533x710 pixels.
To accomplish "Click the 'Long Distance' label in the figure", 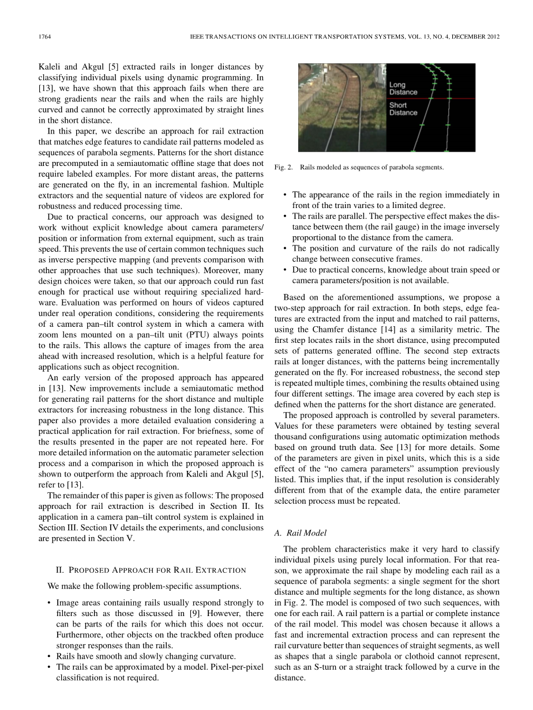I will (x=403, y=89).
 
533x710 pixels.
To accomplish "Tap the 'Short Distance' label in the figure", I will (x=403, y=109).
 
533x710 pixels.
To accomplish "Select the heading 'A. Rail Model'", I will (x=302, y=534).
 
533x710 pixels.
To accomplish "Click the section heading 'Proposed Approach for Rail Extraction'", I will (x=151, y=570).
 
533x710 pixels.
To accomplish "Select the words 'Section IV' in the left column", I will (x=90, y=527).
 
